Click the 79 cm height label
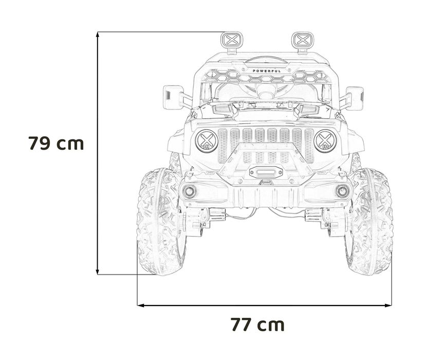pyautogui.click(x=56, y=143)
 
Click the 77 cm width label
pyautogui.click(x=257, y=325)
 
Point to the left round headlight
pyautogui.click(x=207, y=140)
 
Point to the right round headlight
pyautogui.click(x=325, y=140)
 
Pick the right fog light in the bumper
pyautogui.click(x=342, y=192)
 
